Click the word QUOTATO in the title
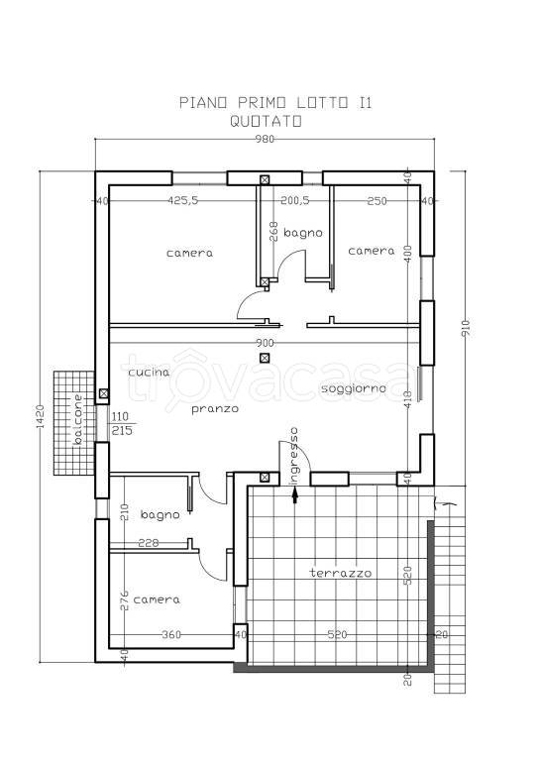pos(266,121)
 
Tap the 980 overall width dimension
pos(265,140)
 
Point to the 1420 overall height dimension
pos(41,416)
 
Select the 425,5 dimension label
pos(183,200)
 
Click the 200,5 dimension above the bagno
pos(295,200)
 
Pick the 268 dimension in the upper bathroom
pos(273,232)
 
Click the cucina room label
pos(149,373)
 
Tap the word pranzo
pos(215,408)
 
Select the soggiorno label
pos(353,388)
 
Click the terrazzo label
pos(341,573)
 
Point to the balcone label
pos(77,419)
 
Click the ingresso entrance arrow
pos(295,495)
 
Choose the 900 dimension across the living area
pos(265,343)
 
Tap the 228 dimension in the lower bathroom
pos(148,543)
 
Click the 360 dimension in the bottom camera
pos(171,634)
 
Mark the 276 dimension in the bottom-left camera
pos(125,600)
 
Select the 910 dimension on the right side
pos(466,328)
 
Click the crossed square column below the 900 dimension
pos(265,358)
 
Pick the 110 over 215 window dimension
pos(122,424)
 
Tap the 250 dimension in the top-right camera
pos(377,200)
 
